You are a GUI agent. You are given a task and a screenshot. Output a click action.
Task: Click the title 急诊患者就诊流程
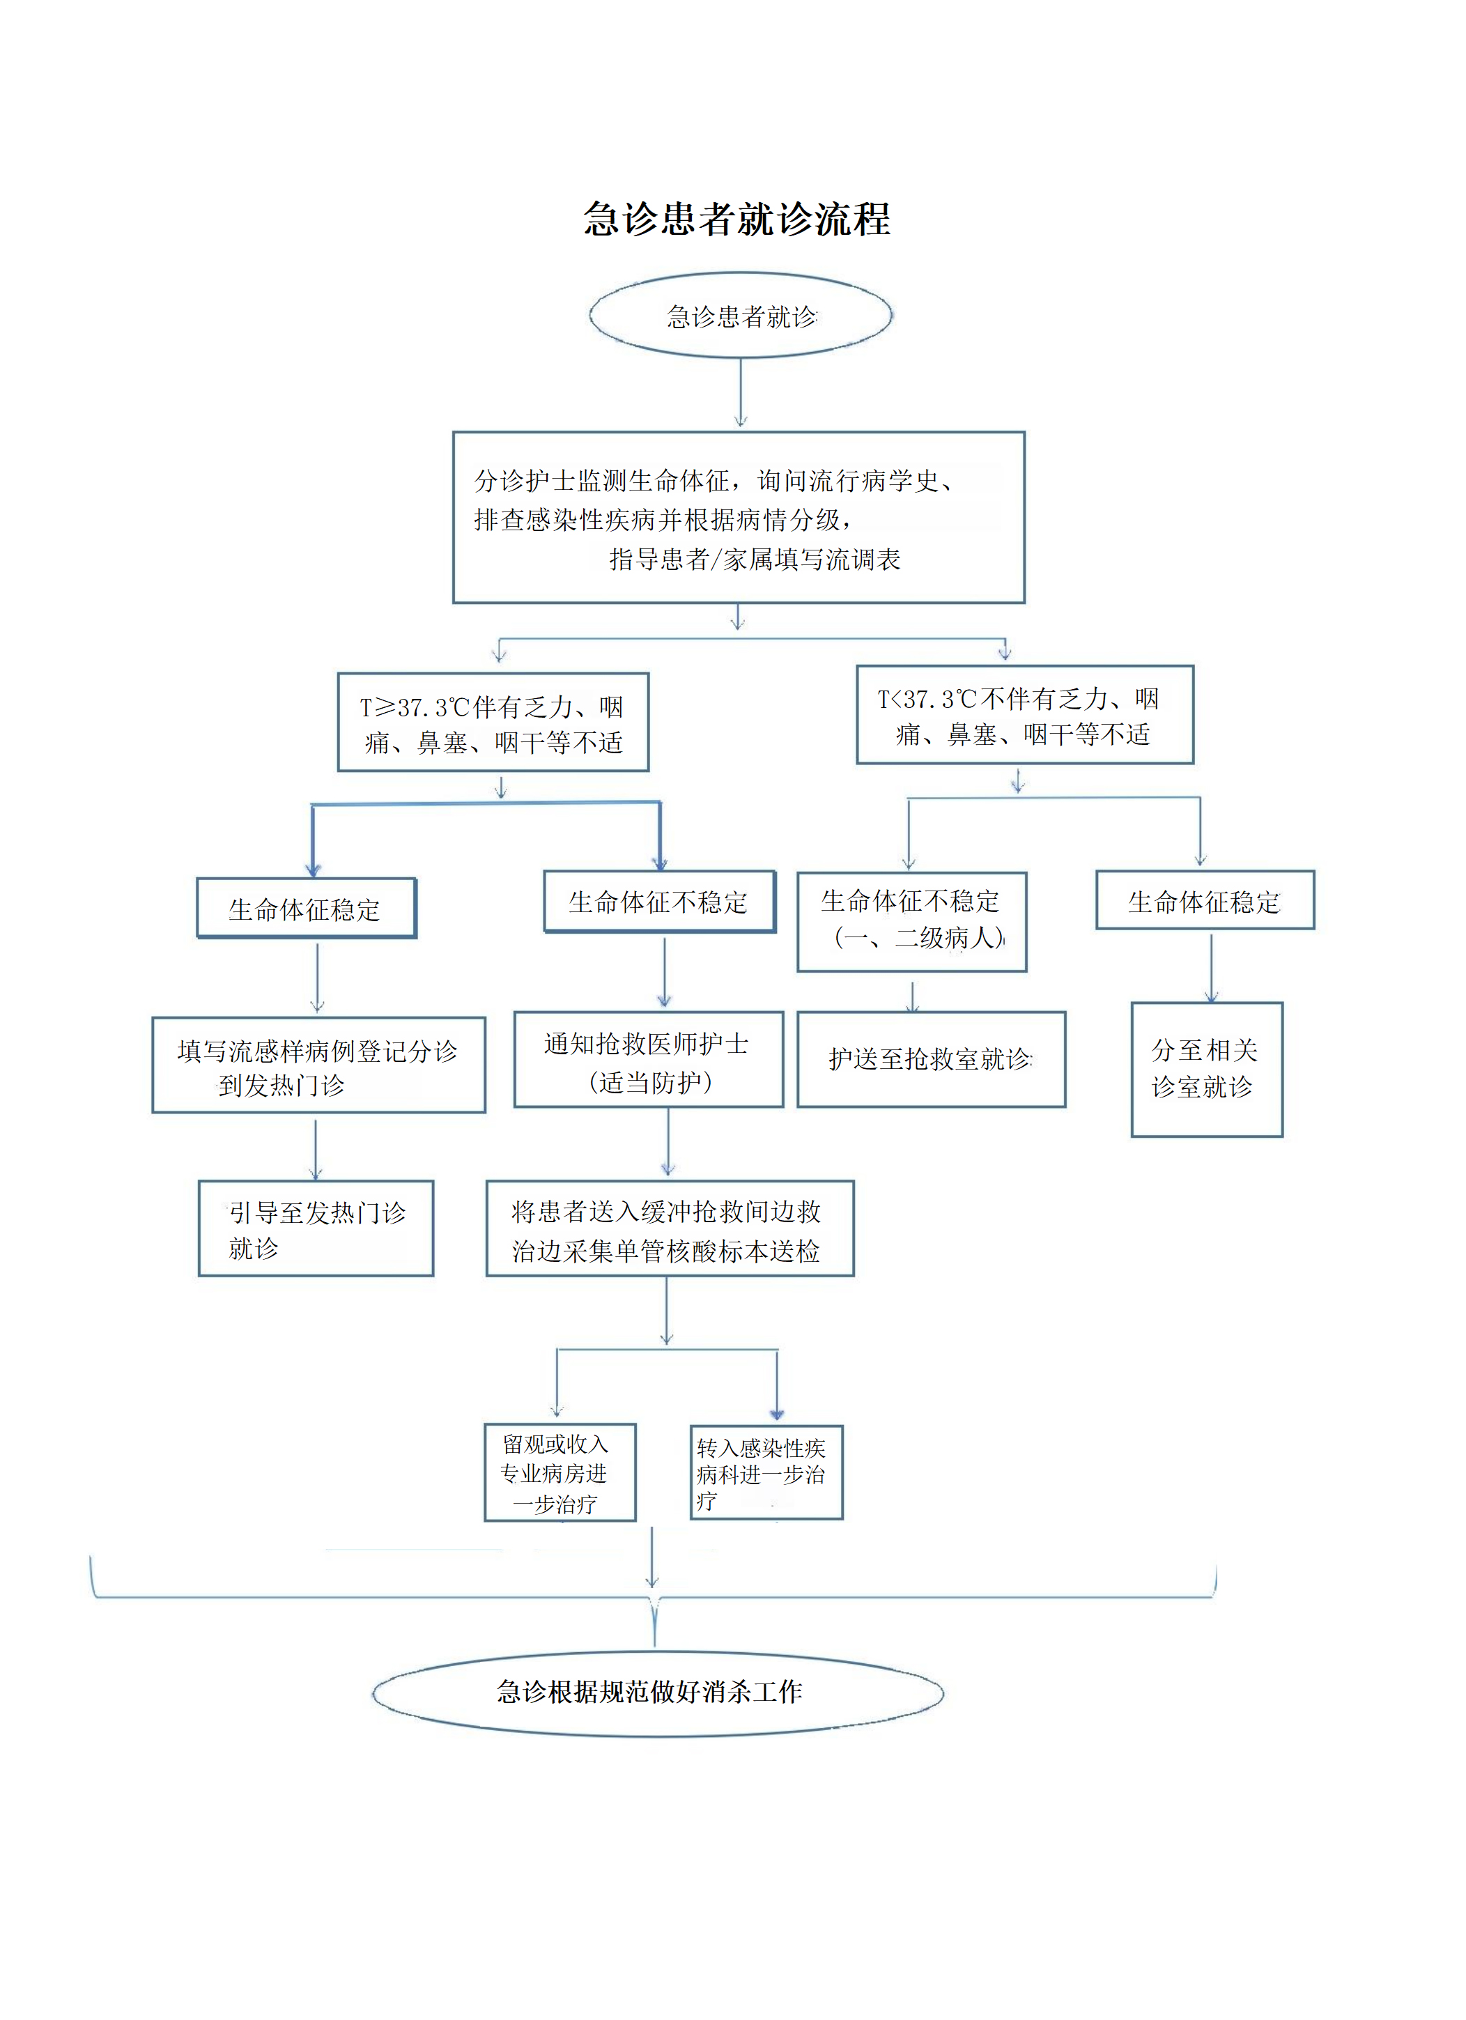[736, 219]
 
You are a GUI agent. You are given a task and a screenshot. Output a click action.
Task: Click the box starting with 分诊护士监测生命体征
[739, 518]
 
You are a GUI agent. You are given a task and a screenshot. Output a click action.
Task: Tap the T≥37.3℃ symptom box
[493, 723]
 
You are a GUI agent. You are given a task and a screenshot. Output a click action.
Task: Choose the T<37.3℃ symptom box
[1024, 715]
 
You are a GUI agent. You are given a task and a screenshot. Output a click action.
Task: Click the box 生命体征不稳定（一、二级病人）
[911, 921]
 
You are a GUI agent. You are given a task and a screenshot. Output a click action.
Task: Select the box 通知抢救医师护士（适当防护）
[649, 1060]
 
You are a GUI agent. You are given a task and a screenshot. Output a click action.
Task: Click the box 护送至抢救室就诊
[931, 1059]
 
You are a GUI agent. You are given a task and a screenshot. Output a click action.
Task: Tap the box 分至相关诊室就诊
[1206, 1069]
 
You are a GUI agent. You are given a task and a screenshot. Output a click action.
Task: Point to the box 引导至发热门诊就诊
[316, 1228]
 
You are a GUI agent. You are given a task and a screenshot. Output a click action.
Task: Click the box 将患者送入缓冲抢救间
[669, 1229]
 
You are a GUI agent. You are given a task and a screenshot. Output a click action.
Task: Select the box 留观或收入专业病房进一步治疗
[560, 1472]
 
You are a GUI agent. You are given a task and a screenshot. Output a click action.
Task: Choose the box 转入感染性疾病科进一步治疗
[766, 1473]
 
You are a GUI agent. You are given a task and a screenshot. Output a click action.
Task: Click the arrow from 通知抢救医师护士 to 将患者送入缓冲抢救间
[668, 1143]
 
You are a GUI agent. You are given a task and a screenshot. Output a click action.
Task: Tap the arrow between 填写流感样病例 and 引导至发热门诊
[316, 1148]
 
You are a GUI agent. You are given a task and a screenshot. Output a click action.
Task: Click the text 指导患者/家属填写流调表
[755, 560]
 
